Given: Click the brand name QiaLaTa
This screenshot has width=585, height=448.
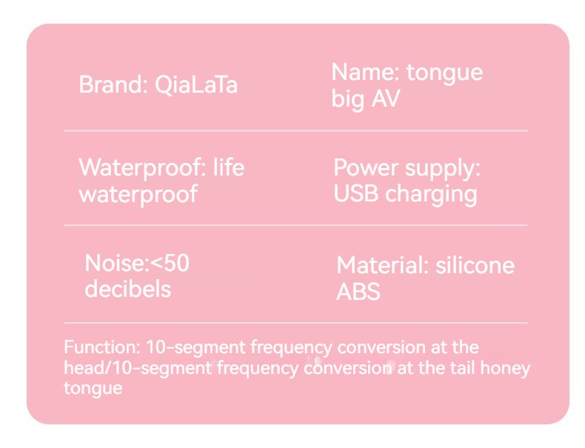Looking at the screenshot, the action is coord(196,85).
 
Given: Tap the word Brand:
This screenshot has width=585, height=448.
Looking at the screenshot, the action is coord(113,84).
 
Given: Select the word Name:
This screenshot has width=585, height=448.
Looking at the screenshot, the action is coord(366,72).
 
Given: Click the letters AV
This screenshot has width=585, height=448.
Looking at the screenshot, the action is coord(386,98).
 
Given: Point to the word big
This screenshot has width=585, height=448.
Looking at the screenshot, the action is coord(348,100).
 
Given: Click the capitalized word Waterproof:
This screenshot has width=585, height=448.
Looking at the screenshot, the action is coord(142,169).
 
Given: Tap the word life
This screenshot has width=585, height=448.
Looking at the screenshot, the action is coord(229,167).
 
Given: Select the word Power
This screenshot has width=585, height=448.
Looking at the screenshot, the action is coord(366,169).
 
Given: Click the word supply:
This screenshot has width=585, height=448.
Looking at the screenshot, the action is coord(443,170).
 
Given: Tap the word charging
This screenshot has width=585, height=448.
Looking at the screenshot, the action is coord(431,195).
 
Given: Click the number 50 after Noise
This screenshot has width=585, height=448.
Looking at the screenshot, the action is coord(176,264).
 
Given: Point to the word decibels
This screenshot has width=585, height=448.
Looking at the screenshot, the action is coord(127,289).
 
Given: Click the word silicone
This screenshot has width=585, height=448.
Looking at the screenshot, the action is coord(475,265).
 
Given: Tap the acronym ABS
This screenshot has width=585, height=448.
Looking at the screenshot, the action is coord(358,292).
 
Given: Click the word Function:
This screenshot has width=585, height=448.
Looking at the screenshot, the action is coord(102,347).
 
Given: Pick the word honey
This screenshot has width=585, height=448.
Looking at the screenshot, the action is coord(505,369).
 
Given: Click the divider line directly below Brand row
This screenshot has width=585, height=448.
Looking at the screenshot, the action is coord(295,130).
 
